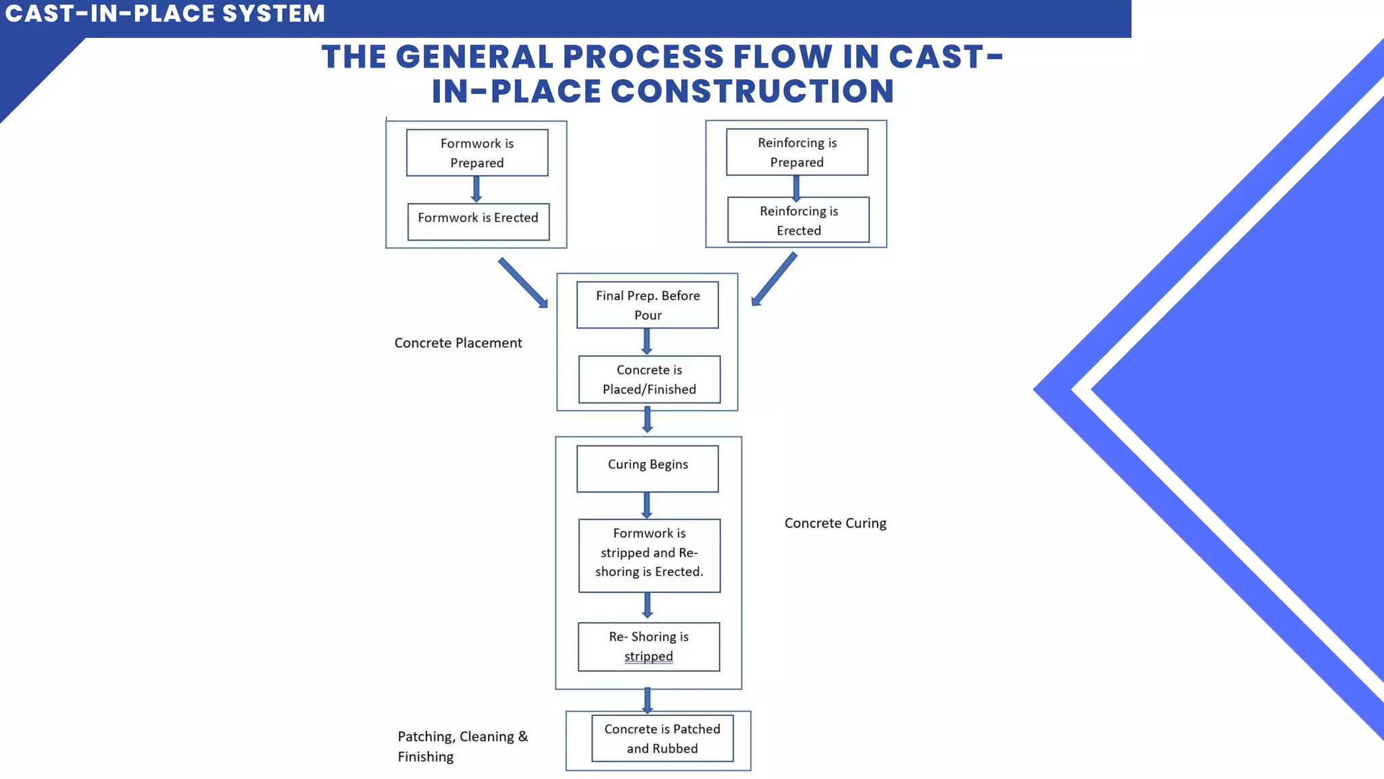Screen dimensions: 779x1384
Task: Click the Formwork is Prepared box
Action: [x=477, y=153]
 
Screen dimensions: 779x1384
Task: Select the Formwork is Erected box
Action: [x=478, y=221]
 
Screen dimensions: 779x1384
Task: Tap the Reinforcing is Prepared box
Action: [x=797, y=152]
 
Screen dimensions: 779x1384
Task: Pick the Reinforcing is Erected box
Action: [x=798, y=220]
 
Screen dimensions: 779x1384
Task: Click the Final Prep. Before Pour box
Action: [x=647, y=305]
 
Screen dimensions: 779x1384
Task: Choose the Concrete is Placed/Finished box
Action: [x=649, y=379]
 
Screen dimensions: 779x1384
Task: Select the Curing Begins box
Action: [x=647, y=468]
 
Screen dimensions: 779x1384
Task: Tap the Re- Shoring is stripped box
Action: [x=649, y=646]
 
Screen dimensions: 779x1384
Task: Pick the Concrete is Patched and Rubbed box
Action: [x=662, y=738]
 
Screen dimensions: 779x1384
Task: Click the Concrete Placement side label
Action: [x=458, y=343]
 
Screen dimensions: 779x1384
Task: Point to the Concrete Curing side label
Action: [x=835, y=523]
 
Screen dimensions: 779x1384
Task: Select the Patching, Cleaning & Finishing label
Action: [x=462, y=746]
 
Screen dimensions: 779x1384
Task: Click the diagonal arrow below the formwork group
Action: [x=523, y=283]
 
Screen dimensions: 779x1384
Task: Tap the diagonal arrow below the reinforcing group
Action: [x=774, y=279]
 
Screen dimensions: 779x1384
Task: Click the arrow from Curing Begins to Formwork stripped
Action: [x=647, y=505]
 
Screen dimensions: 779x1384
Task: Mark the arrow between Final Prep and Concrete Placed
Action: [x=647, y=341]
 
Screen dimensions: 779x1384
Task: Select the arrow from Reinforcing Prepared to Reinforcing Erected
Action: [x=796, y=187]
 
